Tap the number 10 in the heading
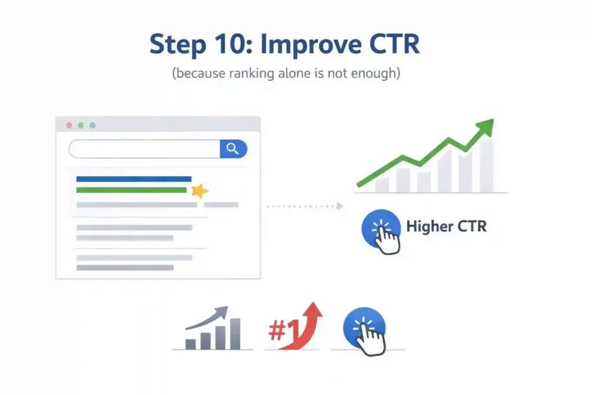(229, 44)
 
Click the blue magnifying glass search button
(234, 149)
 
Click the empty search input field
(145, 149)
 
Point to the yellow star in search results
(199, 191)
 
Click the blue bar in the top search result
(134, 179)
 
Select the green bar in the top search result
(131, 190)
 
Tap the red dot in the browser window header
(69, 125)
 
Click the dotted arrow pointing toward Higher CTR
(305, 206)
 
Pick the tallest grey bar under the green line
(486, 167)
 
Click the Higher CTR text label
(446, 226)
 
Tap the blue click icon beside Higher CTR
(380, 230)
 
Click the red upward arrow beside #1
(306, 327)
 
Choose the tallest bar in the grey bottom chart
(235, 334)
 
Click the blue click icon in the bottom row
(365, 331)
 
